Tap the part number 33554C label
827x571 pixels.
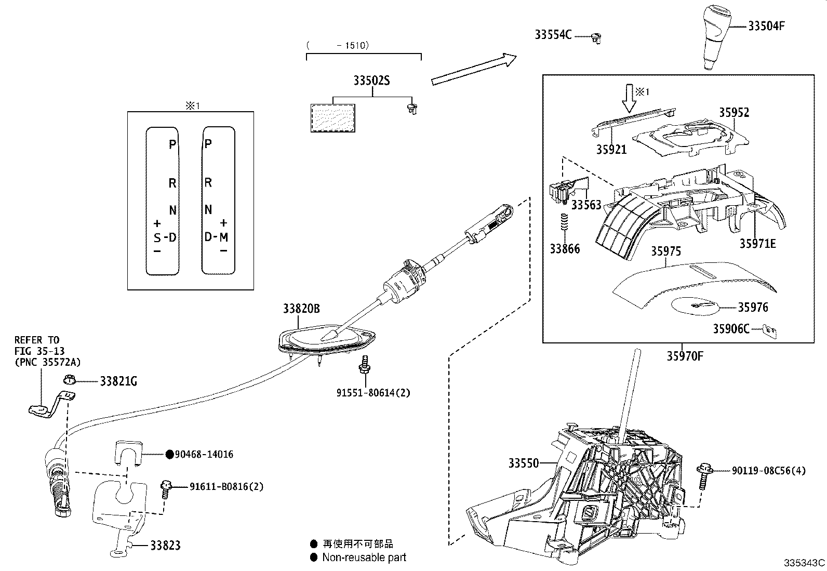[x=553, y=35]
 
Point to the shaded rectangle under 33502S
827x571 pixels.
[x=332, y=117]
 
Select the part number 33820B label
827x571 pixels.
[x=301, y=309]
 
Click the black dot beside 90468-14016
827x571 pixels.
[x=169, y=454]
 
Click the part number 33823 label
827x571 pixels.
[x=165, y=545]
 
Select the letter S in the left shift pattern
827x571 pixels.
[x=157, y=238]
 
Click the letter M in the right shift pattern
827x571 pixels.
[x=223, y=237]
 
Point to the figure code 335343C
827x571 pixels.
[x=804, y=563]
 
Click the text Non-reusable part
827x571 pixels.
[x=364, y=557]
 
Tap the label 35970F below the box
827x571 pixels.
[x=685, y=356]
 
